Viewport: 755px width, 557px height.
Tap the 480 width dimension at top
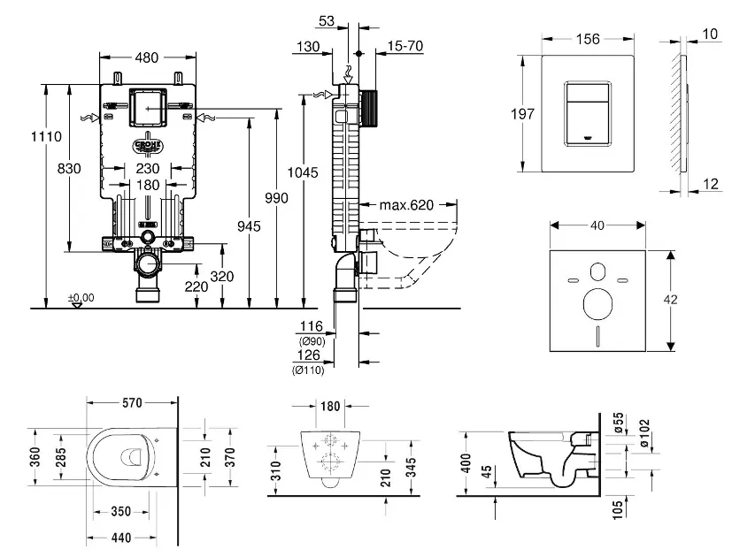(x=147, y=58)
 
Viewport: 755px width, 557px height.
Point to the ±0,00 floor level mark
(x=81, y=297)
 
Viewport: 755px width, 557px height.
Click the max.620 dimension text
(x=408, y=205)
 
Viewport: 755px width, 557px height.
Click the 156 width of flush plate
(x=587, y=39)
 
